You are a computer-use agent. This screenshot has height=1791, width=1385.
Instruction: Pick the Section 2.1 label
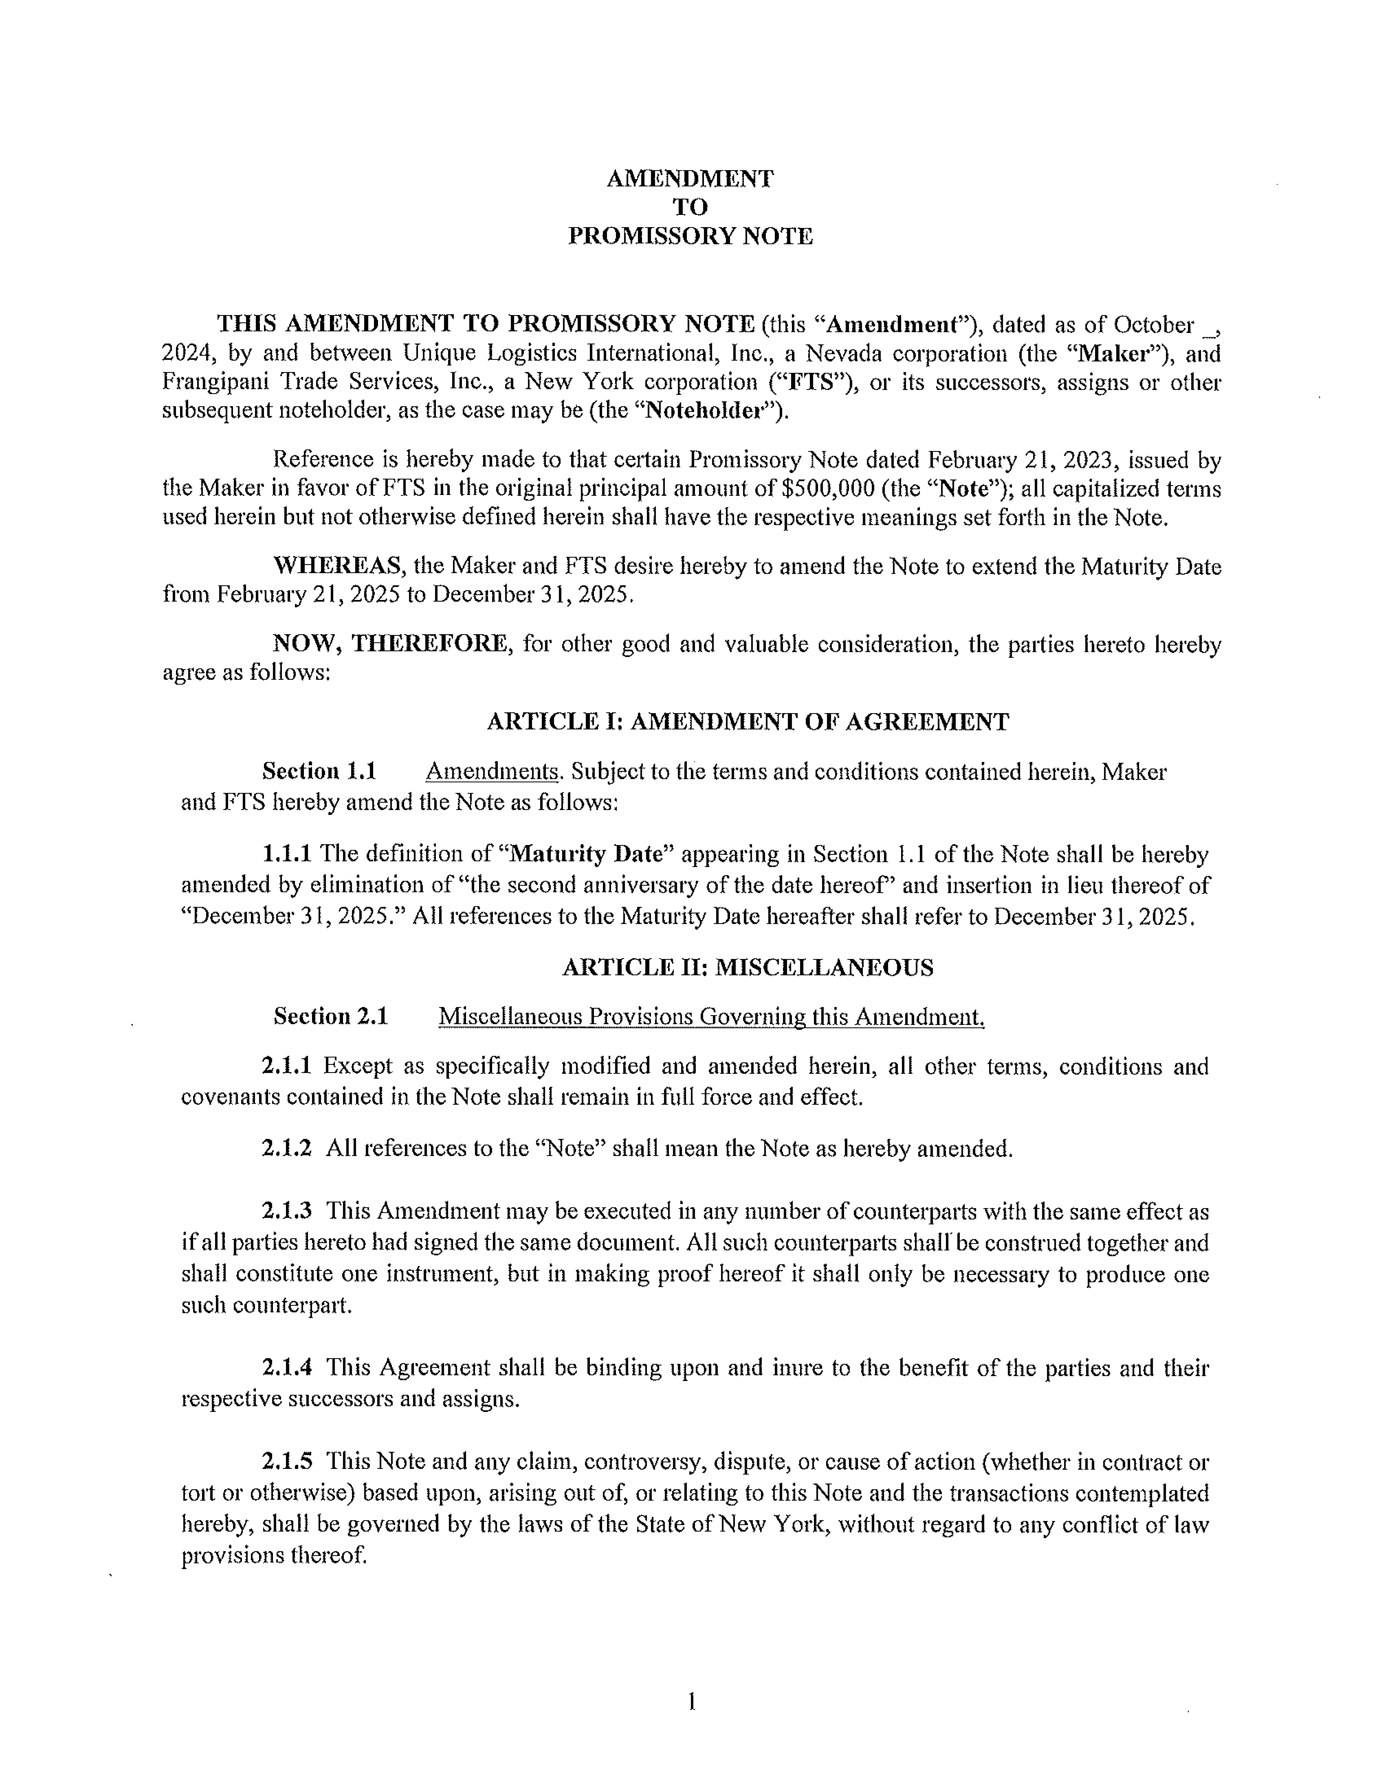click(x=331, y=1017)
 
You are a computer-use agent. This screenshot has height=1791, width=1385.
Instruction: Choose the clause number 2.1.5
click(x=286, y=1462)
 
